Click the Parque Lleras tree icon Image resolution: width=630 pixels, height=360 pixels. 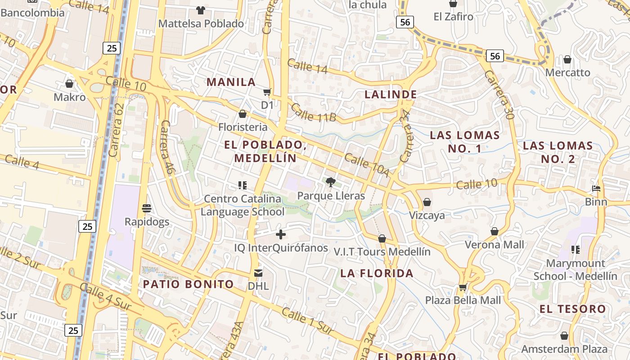(x=331, y=182)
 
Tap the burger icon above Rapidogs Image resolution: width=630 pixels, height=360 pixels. (x=147, y=208)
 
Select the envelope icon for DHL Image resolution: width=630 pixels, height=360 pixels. (x=258, y=273)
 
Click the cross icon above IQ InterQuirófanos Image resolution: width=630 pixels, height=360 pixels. (x=281, y=234)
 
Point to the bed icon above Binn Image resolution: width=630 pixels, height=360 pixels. (x=596, y=189)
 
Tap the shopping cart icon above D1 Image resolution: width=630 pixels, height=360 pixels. (x=267, y=92)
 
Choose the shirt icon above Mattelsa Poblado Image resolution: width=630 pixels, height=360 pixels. (x=201, y=10)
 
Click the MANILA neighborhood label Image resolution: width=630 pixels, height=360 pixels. (x=231, y=82)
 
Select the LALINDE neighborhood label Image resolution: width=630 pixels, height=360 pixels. (x=391, y=94)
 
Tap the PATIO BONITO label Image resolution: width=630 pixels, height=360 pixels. (x=189, y=284)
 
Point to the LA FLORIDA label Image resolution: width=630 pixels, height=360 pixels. (x=377, y=274)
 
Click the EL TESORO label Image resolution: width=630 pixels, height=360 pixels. (x=573, y=309)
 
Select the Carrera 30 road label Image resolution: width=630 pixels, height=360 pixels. (x=499, y=94)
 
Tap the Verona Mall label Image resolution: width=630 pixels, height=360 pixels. (x=495, y=245)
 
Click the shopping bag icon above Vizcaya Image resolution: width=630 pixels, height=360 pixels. (x=427, y=202)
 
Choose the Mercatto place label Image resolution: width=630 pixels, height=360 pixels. (x=567, y=72)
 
